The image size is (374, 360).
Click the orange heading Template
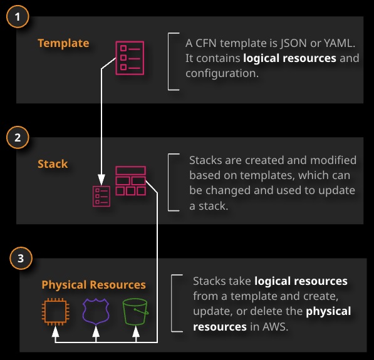(x=63, y=43)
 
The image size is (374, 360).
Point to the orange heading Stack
(x=53, y=164)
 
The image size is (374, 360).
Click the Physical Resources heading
(x=93, y=285)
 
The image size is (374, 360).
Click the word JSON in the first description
(x=293, y=43)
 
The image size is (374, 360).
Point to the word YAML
(x=340, y=43)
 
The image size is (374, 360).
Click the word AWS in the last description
(x=275, y=327)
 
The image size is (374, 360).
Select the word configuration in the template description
(x=222, y=73)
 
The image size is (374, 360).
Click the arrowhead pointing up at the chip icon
(x=55, y=331)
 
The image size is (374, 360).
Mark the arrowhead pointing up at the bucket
(x=136, y=331)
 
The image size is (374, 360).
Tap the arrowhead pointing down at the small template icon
(x=101, y=180)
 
